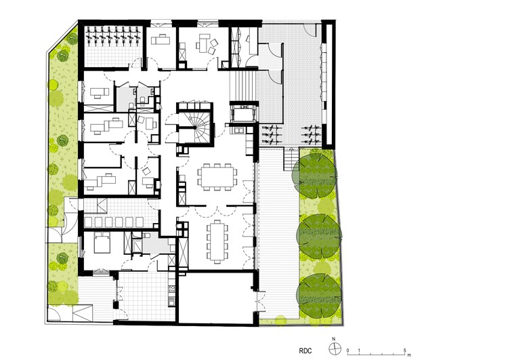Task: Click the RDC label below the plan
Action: pyautogui.click(x=305, y=351)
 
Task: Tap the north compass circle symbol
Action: pyautogui.click(x=335, y=349)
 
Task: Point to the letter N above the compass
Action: pyautogui.click(x=334, y=339)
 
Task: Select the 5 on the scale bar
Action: pyautogui.click(x=404, y=351)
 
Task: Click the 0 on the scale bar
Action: pyautogui.click(x=347, y=351)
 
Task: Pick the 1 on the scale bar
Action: pyautogui.click(x=359, y=351)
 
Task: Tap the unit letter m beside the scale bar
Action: pyautogui.click(x=409, y=354)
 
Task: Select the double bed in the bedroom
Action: pyautogui.click(x=103, y=243)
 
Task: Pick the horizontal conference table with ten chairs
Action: pyautogui.click(x=217, y=176)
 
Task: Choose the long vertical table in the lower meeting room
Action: pyautogui.click(x=217, y=241)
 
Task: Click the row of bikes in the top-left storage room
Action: pyautogui.click(x=113, y=35)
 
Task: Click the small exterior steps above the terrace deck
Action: pyautogui.click(x=291, y=159)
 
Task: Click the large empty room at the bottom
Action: pyautogui.click(x=216, y=298)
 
